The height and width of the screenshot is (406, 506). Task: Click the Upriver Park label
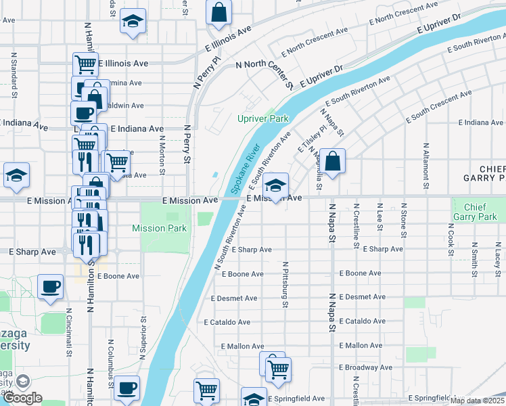(x=262, y=118)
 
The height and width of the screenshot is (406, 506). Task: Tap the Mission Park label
(x=159, y=229)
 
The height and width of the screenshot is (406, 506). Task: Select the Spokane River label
(x=246, y=168)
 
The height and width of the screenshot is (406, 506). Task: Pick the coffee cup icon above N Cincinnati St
(x=51, y=288)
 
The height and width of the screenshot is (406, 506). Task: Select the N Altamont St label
(x=426, y=164)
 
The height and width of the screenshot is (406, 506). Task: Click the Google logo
(x=22, y=398)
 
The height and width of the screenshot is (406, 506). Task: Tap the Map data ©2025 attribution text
(x=477, y=401)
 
